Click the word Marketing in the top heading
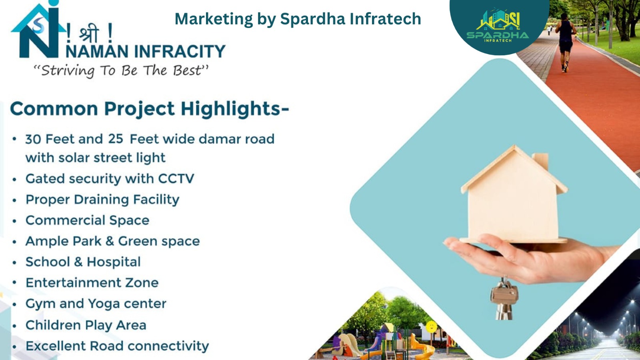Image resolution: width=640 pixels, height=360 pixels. click(214, 19)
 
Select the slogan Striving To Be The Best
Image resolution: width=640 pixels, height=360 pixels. click(121, 70)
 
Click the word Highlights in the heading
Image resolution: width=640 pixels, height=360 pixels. click(235, 109)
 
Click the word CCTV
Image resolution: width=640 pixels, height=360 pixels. click(176, 178)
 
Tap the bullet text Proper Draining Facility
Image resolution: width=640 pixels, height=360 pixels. click(102, 200)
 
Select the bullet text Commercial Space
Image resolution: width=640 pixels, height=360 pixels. click(88, 220)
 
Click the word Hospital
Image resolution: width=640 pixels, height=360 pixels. click(114, 262)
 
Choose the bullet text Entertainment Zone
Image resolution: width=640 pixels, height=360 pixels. click(92, 282)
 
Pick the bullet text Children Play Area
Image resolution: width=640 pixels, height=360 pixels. click(86, 325)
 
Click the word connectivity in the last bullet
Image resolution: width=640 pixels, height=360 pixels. click(168, 346)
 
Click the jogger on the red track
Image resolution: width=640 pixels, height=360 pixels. click(566, 42)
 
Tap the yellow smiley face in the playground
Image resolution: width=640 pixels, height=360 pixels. click(432, 326)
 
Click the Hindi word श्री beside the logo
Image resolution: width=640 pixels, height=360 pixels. click(89, 34)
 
